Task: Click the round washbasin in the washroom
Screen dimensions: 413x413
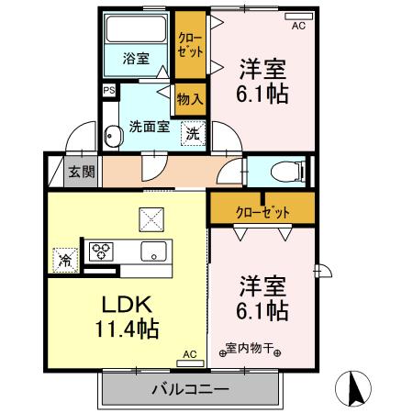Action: [x=113, y=136]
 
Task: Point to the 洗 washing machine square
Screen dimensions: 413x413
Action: [x=192, y=133]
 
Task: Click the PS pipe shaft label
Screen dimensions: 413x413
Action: [x=108, y=91]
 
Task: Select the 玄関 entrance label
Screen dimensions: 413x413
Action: [x=81, y=171]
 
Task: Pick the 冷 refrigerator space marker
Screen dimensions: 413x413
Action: [x=65, y=260]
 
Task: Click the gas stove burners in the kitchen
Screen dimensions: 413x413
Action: [x=99, y=249]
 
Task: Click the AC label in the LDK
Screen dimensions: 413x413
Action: [x=190, y=353]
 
